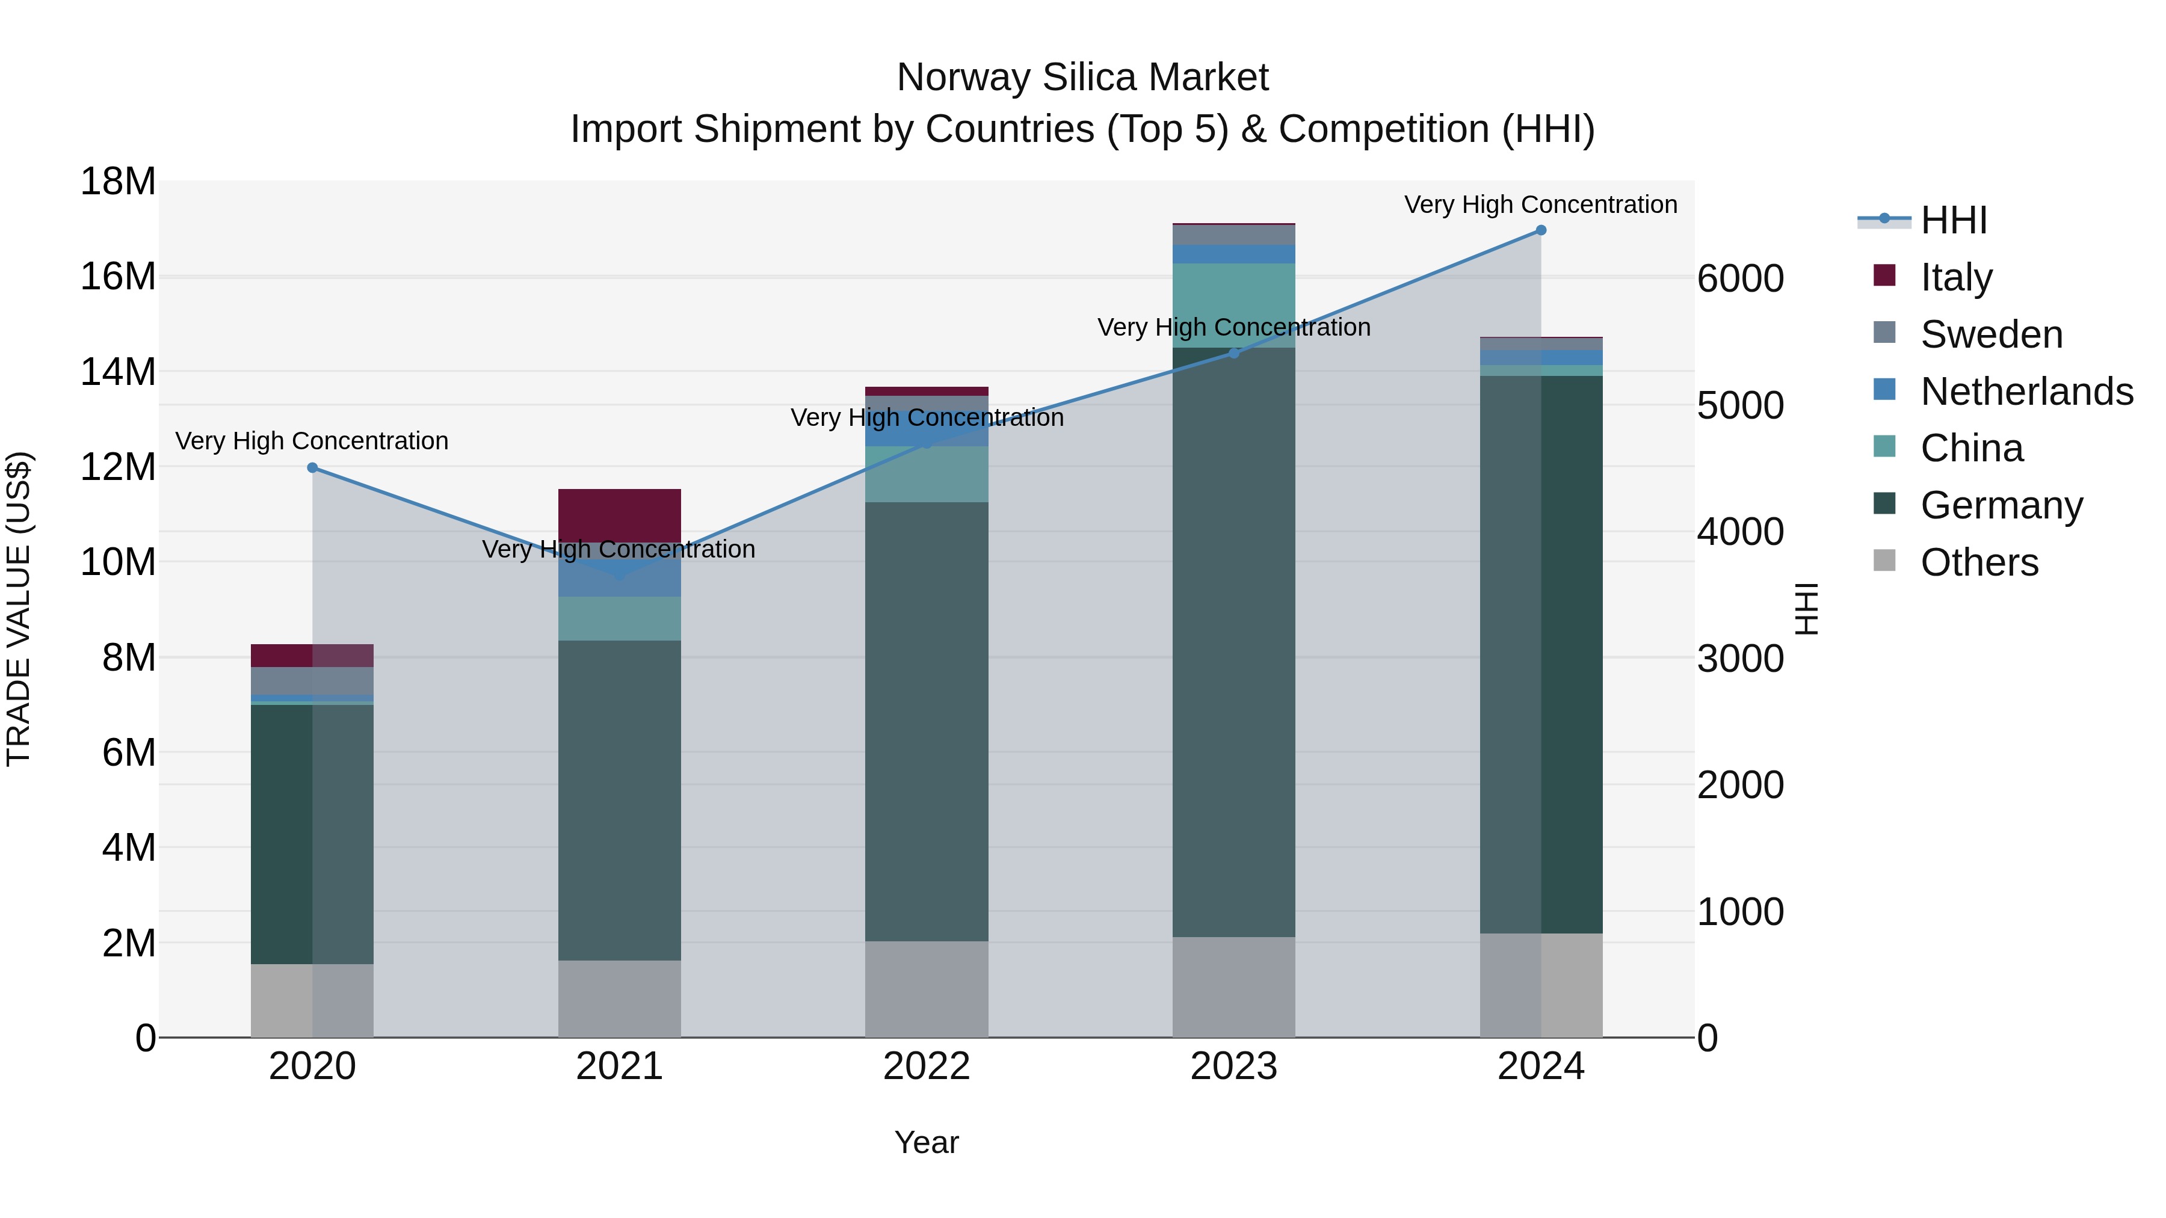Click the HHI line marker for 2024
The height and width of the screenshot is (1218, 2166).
1540,230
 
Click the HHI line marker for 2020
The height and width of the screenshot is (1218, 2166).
312,467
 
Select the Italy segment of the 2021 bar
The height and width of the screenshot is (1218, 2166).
619,514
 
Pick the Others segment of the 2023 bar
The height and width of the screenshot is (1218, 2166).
1233,987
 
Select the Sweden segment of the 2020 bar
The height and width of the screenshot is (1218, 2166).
312,681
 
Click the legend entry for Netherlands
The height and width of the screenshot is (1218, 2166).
2026,392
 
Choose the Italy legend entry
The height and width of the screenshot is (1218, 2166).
1956,277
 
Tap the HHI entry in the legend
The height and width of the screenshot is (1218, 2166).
1953,220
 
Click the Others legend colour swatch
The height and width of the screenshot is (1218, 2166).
1884,561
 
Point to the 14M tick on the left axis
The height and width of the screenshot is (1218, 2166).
118,372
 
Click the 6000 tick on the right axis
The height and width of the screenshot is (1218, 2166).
1739,279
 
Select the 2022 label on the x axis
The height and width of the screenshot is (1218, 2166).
927,1066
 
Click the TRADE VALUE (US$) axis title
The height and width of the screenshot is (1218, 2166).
19,609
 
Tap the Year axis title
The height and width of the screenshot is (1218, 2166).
927,1142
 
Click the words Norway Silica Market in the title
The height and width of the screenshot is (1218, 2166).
1082,78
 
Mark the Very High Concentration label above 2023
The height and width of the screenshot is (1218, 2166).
1233,327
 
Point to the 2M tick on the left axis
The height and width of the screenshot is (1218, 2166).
128,943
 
